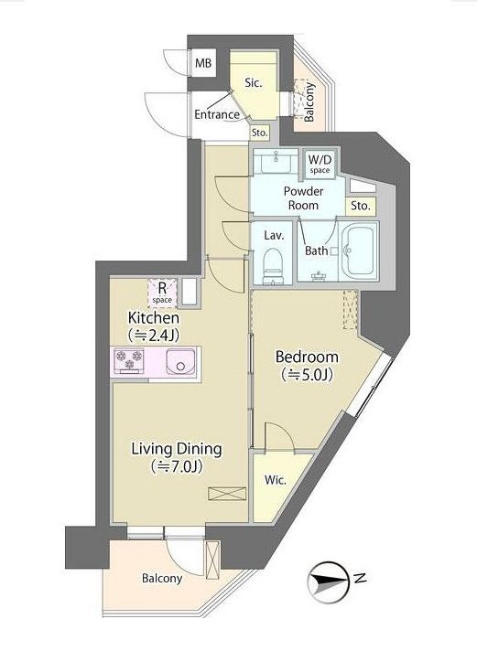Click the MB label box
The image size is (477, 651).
203,63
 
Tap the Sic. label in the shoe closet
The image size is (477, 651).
253,83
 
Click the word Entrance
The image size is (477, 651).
217,114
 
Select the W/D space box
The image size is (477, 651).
319,164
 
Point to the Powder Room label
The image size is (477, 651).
304,198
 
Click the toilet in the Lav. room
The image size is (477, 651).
273,267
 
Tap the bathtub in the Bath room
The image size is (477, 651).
359,251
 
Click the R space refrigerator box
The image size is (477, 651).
162,293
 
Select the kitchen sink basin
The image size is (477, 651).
180,361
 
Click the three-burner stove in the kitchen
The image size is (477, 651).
129,360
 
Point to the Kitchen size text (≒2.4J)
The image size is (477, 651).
154,335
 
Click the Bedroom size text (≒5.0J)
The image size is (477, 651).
307,375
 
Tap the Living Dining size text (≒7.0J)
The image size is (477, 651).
177,466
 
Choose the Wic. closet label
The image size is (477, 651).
276,480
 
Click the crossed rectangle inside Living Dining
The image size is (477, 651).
227,493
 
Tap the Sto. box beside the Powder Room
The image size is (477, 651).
360,206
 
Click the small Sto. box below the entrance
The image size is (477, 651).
259,133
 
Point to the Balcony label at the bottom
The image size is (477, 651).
162,579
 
